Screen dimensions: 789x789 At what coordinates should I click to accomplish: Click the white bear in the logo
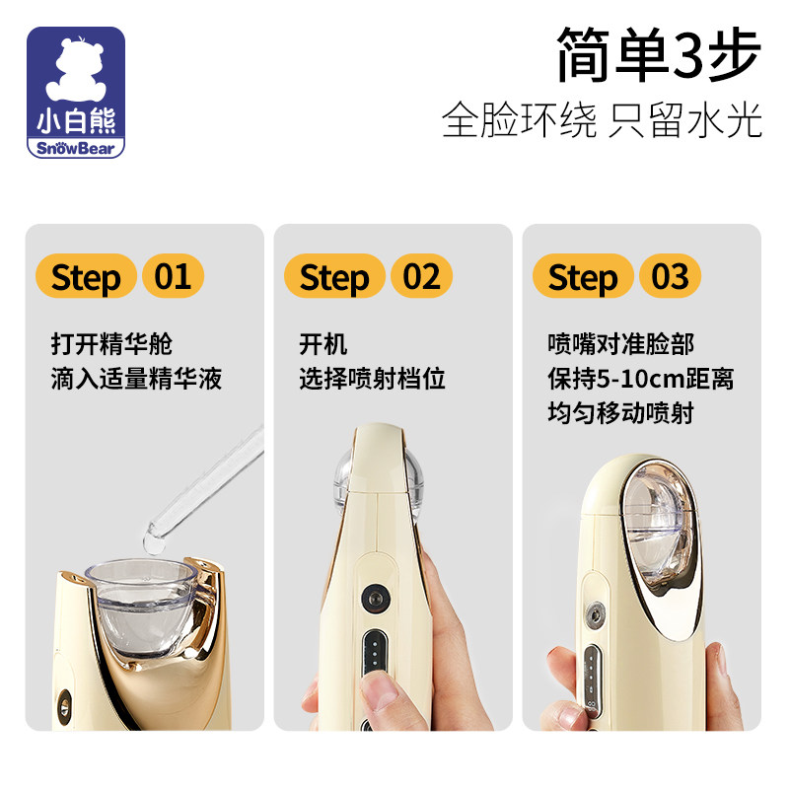(76, 69)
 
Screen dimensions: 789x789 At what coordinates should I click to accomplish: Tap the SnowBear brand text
(76, 148)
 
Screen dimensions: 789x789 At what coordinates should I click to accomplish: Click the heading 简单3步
(658, 54)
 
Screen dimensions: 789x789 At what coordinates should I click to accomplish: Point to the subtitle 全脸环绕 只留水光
(602, 119)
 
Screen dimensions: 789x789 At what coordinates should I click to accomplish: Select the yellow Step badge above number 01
(86, 276)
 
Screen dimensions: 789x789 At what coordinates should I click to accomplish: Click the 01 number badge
(174, 276)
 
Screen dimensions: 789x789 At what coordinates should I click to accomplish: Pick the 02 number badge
(422, 276)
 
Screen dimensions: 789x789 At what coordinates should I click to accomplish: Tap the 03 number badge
(671, 276)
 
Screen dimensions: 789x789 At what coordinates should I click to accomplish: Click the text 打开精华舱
(111, 344)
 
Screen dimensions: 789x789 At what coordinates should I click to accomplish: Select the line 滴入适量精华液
(136, 379)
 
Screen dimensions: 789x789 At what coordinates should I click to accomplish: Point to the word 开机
(323, 344)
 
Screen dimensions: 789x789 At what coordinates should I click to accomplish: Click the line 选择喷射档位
(373, 379)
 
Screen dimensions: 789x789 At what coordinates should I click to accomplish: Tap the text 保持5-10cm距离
(640, 379)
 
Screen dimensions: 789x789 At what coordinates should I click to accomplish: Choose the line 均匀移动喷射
(621, 412)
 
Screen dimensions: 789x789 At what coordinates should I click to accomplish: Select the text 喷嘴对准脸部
(621, 344)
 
